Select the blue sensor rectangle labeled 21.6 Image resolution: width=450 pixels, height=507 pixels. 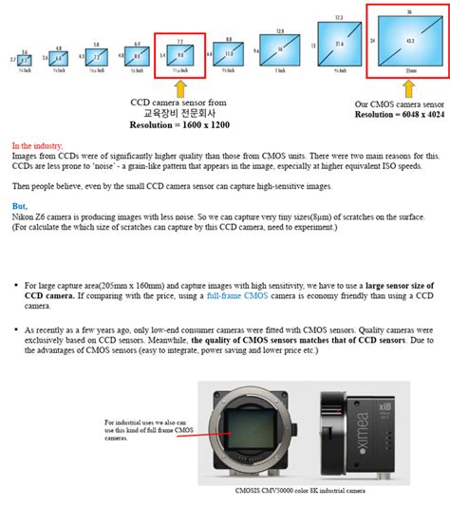click(x=338, y=45)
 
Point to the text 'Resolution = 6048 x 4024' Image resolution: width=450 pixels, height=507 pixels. click(x=398, y=114)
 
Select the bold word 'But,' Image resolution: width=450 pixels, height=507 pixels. click(x=20, y=206)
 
